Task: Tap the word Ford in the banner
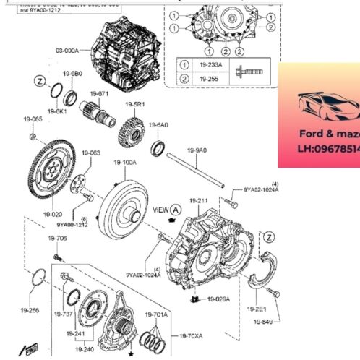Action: coord(311,134)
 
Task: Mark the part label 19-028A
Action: coord(218,299)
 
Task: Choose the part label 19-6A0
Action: coord(159,124)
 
